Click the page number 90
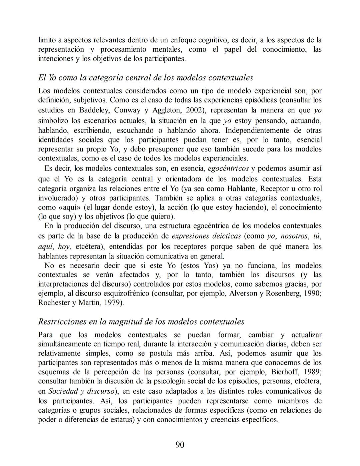coord(180,445)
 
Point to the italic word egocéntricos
coord(228,168)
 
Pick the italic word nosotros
coord(294,236)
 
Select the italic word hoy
coord(64,247)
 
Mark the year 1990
coord(313,294)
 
